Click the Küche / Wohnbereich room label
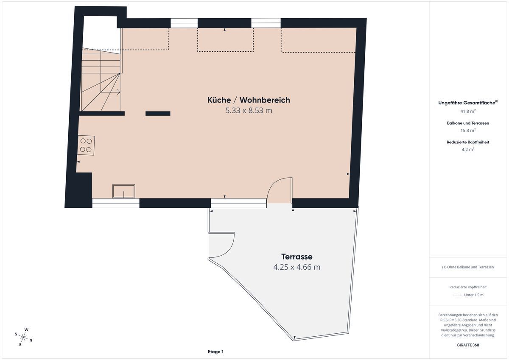pos(249,100)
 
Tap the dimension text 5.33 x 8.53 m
pos(249,111)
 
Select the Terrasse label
pos(297,257)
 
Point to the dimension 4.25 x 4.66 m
pos(297,267)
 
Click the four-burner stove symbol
pos(86,145)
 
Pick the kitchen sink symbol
pos(123,191)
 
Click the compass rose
pos(23,337)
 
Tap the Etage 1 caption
pos(215,352)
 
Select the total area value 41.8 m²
pos(468,111)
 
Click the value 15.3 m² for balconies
pos(468,130)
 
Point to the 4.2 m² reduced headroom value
pos(468,149)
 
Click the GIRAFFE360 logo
pos(468,345)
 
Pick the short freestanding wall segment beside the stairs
pos(158,113)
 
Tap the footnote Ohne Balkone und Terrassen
pos(468,267)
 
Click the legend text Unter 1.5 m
pos(474,295)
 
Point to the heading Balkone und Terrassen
pos(468,123)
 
